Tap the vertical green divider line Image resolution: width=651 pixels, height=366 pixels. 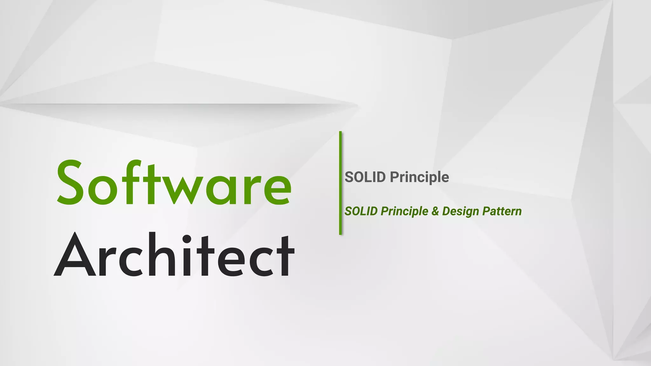340,183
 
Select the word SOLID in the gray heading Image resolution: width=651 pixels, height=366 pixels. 365,177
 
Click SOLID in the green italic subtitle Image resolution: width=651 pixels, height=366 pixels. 361,211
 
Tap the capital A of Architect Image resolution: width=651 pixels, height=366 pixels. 75,255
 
